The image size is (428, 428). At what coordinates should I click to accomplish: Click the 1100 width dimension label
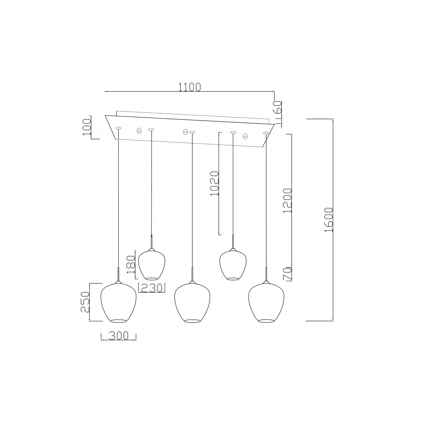coord(190,87)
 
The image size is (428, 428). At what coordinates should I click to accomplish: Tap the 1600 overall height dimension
coord(329,220)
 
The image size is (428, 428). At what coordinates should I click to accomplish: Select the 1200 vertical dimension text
coord(287,201)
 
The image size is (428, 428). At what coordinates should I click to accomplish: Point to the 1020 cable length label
coord(215,183)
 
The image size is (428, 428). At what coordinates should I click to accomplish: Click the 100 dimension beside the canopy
coord(87,127)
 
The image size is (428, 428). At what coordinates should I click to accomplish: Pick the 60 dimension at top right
coord(278,107)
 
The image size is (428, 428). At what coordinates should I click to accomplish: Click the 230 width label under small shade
coord(152,288)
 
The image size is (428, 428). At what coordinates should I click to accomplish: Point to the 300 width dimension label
coord(119,336)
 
